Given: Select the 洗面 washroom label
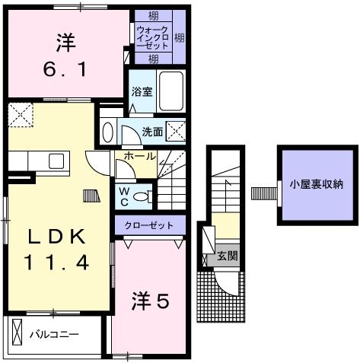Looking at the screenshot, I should click(151, 132).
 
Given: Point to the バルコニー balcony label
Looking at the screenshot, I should click(54, 333).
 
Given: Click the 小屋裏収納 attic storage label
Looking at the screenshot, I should click(316, 183).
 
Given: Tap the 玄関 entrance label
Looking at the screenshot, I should click(227, 256).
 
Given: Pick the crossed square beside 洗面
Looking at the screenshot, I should click(176, 131).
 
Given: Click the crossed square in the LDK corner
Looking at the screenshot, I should click(18, 115).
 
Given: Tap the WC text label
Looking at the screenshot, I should click(123, 196).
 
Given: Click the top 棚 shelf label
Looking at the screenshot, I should click(153, 15).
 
